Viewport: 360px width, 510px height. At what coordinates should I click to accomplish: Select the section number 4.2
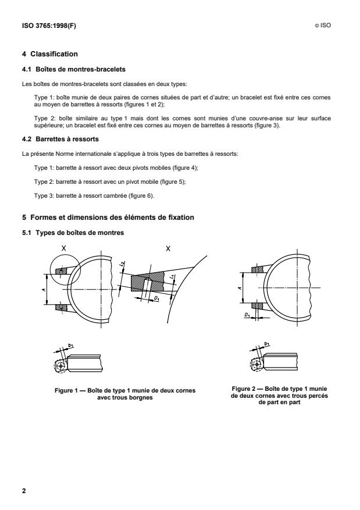pyautogui.click(x=27, y=138)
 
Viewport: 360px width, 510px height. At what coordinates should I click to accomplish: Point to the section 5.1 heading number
pyautogui.click(x=27, y=217)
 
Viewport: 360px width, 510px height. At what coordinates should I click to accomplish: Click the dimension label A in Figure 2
pyautogui.click(x=240, y=287)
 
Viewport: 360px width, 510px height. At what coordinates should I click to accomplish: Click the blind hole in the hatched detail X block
pyautogui.click(x=148, y=284)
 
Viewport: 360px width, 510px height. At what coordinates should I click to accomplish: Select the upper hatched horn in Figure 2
pyautogui.click(x=256, y=269)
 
